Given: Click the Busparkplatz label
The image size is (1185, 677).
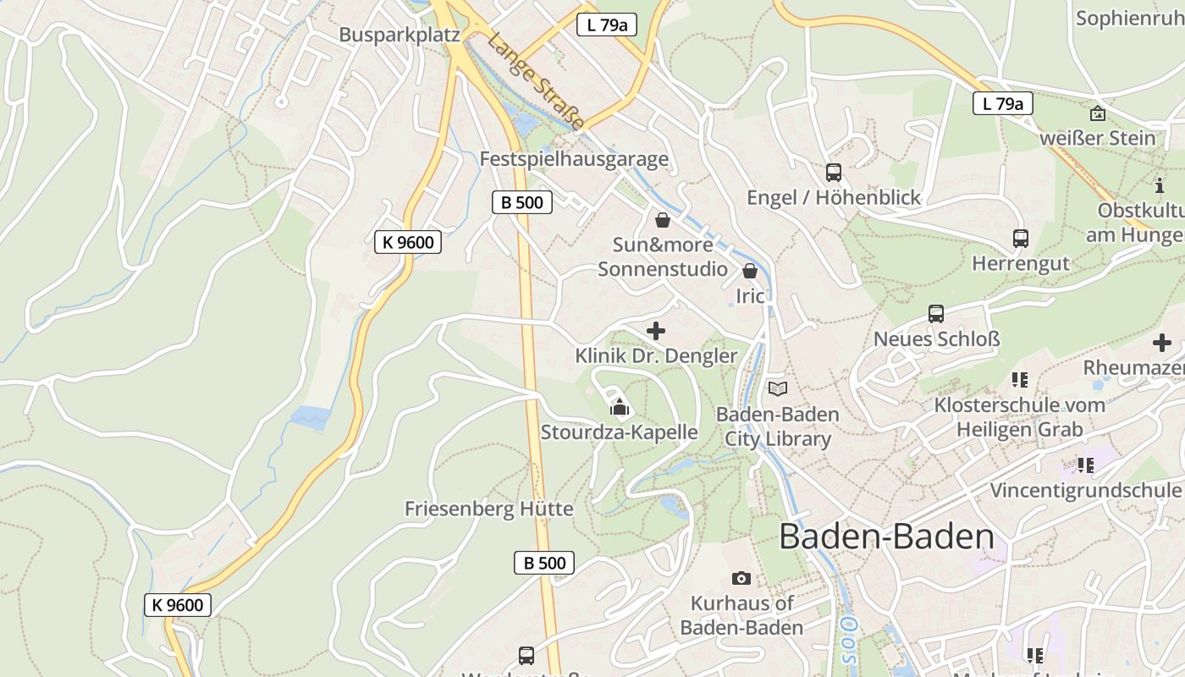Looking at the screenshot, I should click(x=399, y=35).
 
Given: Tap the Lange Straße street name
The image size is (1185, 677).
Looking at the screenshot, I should click(x=535, y=81).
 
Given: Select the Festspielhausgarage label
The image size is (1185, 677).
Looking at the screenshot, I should click(x=574, y=159).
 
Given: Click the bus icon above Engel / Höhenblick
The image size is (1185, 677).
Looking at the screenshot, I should click(x=834, y=173).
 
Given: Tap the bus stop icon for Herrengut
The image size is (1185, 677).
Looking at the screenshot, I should click(x=1021, y=239).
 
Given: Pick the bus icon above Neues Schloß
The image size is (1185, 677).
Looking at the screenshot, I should click(x=936, y=314).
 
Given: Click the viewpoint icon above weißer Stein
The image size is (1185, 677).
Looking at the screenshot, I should click(x=1098, y=113).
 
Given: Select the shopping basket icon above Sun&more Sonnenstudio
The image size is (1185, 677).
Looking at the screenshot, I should click(x=663, y=220).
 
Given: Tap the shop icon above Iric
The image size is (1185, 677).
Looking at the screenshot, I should click(x=750, y=271).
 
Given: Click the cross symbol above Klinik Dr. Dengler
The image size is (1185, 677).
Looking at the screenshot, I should click(x=656, y=331).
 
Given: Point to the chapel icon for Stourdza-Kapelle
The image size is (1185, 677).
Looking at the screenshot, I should click(x=620, y=408).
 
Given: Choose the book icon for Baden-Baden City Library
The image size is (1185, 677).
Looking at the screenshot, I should click(x=778, y=388).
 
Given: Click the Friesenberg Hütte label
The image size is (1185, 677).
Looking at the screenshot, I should click(x=488, y=509).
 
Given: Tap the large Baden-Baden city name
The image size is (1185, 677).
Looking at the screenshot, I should click(x=886, y=537).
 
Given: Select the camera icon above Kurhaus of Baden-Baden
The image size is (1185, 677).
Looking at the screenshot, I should click(x=741, y=578).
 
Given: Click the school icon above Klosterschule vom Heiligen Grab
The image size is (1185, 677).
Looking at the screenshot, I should click(x=1019, y=380).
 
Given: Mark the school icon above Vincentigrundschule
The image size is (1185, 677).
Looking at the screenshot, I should click(x=1085, y=465).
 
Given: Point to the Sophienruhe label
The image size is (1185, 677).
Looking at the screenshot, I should click(x=1130, y=18).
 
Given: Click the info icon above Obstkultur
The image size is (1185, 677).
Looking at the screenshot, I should click(x=1160, y=185).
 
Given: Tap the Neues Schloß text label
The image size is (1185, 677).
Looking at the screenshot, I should click(x=936, y=339).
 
